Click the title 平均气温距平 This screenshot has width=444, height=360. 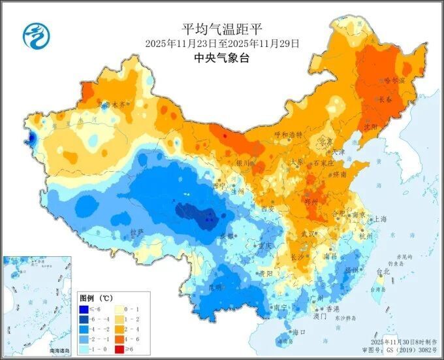[222, 29]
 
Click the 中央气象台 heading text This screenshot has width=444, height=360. [222, 57]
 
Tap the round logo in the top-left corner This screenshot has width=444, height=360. [37, 35]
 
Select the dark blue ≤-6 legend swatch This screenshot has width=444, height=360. [85, 309]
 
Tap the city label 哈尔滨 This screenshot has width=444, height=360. [393, 80]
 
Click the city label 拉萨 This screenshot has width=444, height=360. [136, 232]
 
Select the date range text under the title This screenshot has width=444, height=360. [222, 43]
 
